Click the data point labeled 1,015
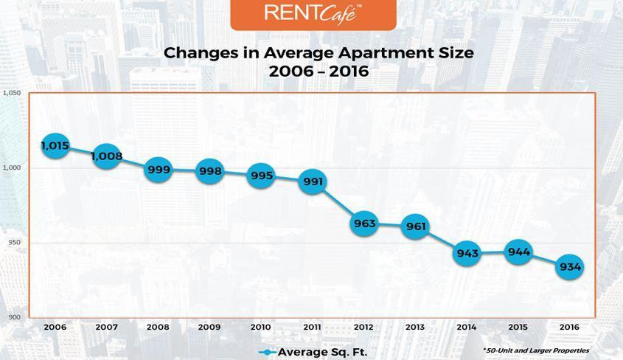click(x=55, y=145)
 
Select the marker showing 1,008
click(x=107, y=156)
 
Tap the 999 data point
click(x=159, y=170)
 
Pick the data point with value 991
click(x=313, y=181)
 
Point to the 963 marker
click(x=364, y=224)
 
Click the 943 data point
click(x=467, y=253)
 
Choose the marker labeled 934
click(x=570, y=266)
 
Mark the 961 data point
click(x=416, y=226)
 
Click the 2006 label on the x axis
click(x=55, y=327)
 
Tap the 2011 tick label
click(x=313, y=327)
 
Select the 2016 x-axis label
click(x=570, y=327)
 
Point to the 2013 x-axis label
click(x=416, y=327)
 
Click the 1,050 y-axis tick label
click(x=12, y=93)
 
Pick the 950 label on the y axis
click(x=14, y=243)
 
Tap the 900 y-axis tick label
click(x=14, y=317)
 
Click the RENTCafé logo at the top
click(x=313, y=13)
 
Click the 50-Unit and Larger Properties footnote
click(x=536, y=350)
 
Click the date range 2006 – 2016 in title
click(x=319, y=72)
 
